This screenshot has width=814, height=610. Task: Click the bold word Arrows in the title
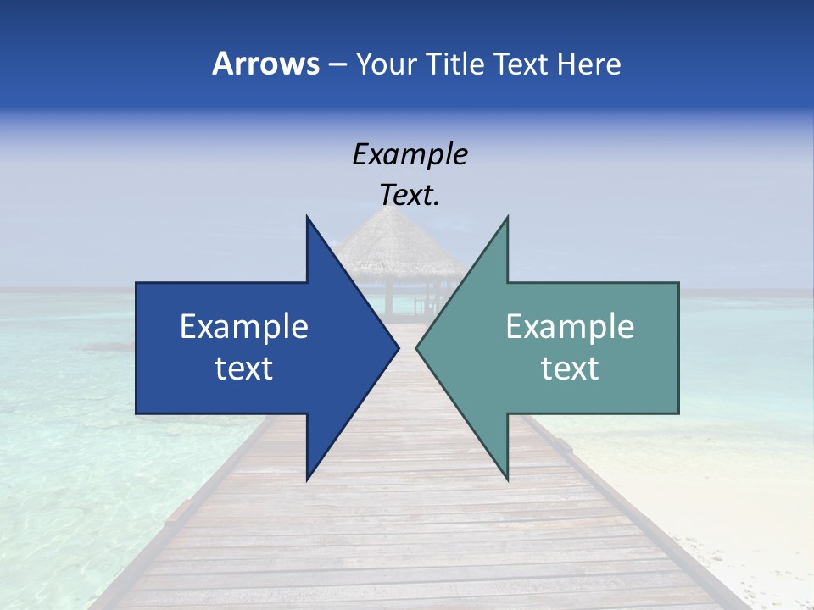(x=265, y=64)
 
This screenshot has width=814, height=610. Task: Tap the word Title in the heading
(x=455, y=64)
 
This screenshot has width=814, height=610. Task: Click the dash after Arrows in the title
(x=337, y=64)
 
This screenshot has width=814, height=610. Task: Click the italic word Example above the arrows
(x=410, y=155)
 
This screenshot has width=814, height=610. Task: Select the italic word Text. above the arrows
(x=410, y=196)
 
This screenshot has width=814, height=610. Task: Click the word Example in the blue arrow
(x=244, y=327)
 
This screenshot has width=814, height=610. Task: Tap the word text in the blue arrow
(x=244, y=369)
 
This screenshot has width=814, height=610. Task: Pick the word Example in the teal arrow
(x=570, y=327)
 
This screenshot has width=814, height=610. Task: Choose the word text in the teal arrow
(x=570, y=369)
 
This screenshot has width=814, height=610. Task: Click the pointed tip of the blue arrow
(x=398, y=348)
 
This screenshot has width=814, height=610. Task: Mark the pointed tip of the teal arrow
(x=417, y=348)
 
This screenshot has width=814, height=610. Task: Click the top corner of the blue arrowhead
(x=307, y=218)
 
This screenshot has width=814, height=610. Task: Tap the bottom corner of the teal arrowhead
(x=507, y=479)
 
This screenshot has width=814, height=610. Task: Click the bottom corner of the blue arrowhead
(x=307, y=479)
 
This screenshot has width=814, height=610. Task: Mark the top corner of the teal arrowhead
(x=507, y=218)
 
